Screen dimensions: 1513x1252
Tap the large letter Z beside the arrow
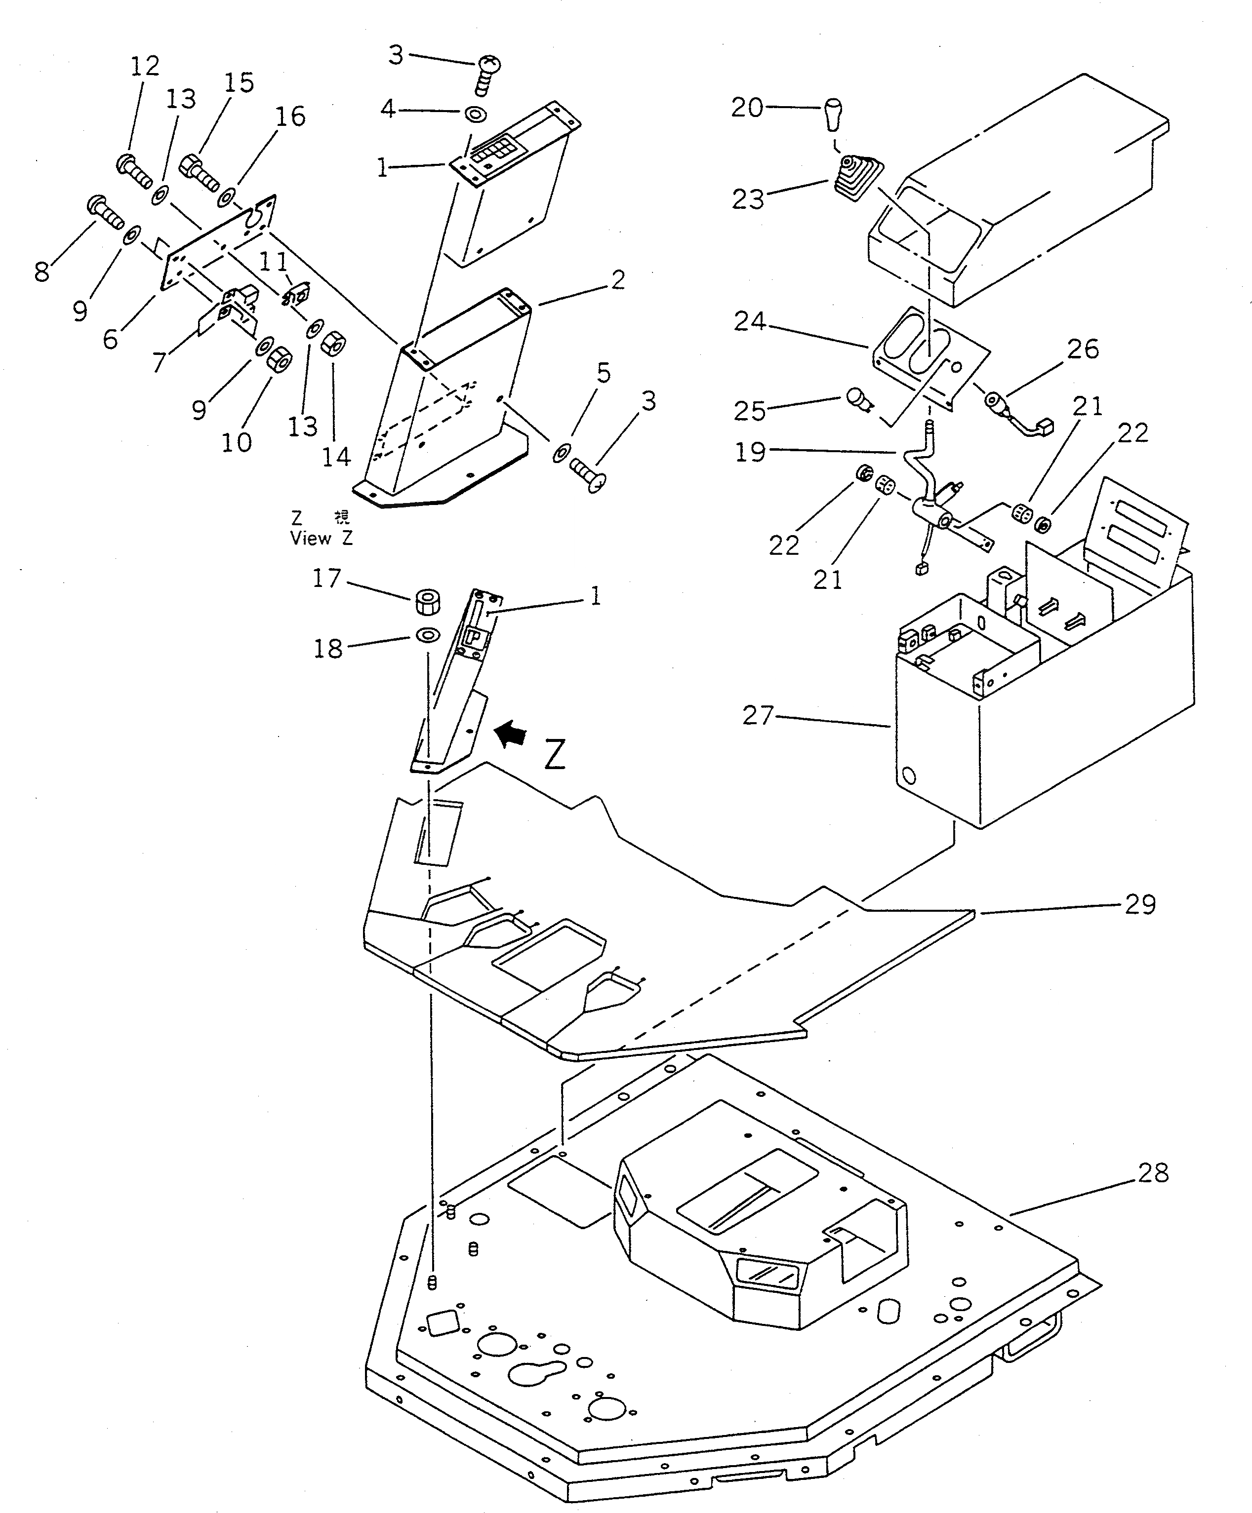tap(554, 754)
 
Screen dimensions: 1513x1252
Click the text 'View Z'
tap(321, 538)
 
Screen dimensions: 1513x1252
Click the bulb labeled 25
tap(855, 396)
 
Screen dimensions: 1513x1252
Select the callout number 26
tap(1083, 349)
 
